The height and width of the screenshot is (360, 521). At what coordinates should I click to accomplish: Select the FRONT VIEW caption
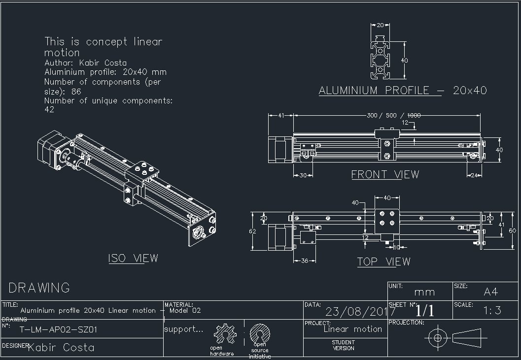tap(385, 174)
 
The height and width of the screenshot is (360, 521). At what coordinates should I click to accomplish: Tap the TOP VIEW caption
tap(383, 262)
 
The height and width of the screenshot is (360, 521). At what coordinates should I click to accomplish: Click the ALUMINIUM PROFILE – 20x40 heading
tap(403, 91)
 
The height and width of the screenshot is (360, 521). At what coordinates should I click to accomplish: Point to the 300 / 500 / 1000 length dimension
tap(393, 115)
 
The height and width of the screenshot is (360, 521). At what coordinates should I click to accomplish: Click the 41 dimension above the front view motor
tap(281, 115)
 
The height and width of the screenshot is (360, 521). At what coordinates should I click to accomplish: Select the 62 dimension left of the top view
tap(253, 231)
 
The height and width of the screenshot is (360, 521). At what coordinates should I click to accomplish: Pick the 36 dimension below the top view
tap(304, 261)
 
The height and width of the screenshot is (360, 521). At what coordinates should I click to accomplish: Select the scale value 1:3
tap(492, 310)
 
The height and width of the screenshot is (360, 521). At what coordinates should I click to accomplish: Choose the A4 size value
tap(491, 292)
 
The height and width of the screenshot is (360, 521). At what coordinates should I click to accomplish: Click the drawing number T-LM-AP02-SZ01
tap(58, 329)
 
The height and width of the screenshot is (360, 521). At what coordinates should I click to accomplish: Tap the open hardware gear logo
tap(224, 334)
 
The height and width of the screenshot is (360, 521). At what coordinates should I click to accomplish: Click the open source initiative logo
tap(259, 334)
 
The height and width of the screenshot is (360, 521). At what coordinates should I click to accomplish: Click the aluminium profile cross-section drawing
tap(381, 57)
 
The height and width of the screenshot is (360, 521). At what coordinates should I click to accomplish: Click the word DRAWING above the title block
tap(39, 288)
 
